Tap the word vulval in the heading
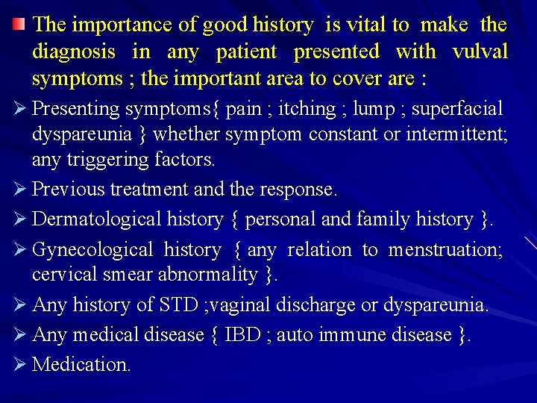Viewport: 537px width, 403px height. coord(480,51)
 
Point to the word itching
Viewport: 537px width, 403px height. coord(303,109)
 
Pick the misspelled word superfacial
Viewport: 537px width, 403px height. coord(457,109)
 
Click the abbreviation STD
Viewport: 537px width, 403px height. coord(178,305)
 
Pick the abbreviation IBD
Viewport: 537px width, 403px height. coord(242,335)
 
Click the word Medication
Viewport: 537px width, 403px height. coord(82,365)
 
